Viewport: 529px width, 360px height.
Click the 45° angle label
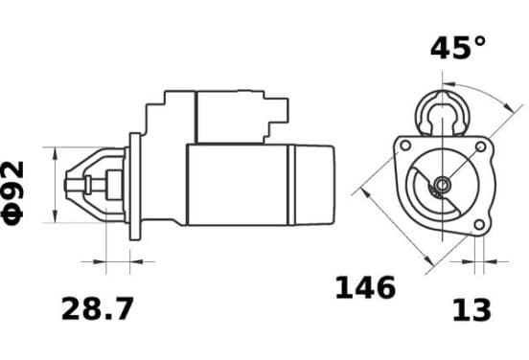458,48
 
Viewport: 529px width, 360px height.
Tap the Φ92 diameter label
12,193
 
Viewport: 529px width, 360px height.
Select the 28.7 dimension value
98,308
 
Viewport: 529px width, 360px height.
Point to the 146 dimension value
365,287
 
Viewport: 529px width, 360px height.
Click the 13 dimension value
471,310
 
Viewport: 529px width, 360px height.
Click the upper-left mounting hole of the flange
405,146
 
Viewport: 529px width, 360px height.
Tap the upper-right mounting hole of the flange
480,146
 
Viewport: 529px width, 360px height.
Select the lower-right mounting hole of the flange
479,224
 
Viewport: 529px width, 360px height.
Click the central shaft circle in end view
442,185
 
